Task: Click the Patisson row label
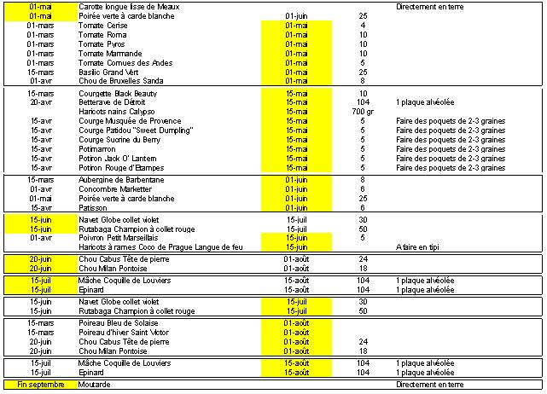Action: (x=94, y=207)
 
